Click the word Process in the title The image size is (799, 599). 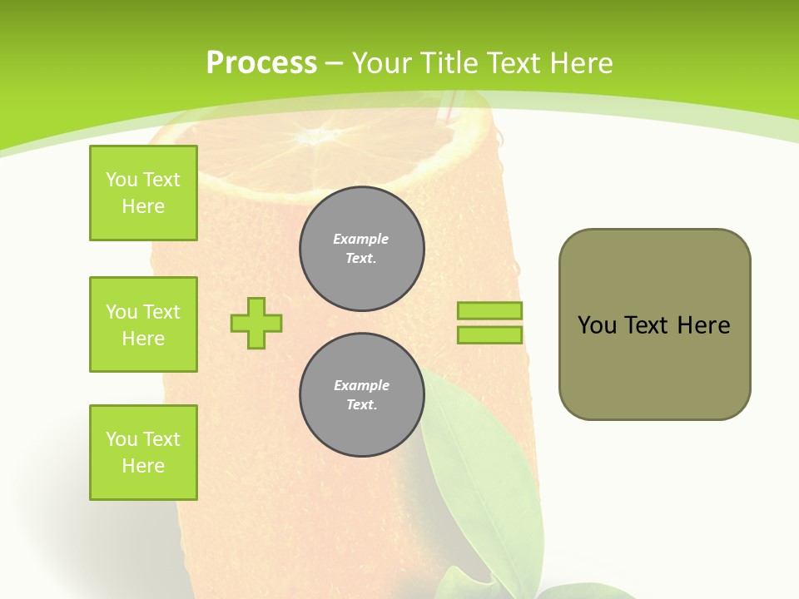click(x=261, y=63)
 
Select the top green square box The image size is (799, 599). click(x=143, y=193)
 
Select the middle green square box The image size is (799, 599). click(x=143, y=324)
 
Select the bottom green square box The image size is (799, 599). click(x=143, y=453)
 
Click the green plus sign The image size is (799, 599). click(x=256, y=323)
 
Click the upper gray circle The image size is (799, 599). click(x=362, y=249)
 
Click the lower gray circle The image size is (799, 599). click(x=362, y=395)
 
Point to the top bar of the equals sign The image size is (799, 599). click(x=489, y=310)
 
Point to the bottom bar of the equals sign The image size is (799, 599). click(x=489, y=335)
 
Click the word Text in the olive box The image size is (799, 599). click(x=647, y=325)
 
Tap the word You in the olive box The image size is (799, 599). click(x=597, y=325)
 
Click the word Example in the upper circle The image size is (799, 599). click(x=361, y=239)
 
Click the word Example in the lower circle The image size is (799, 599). click(x=361, y=385)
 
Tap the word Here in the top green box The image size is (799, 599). click(x=143, y=206)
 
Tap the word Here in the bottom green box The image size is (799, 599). click(x=143, y=466)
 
